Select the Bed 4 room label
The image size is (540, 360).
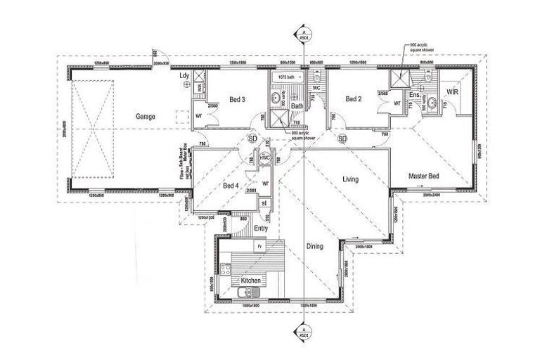(231, 186)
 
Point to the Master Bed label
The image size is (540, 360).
(424, 176)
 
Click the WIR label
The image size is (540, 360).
(454, 92)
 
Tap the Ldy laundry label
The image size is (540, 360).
(185, 75)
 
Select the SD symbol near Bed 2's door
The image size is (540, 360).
(343, 139)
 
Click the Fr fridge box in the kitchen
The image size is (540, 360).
(259, 247)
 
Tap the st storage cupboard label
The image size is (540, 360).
(264, 203)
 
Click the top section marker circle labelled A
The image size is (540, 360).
(302, 34)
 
